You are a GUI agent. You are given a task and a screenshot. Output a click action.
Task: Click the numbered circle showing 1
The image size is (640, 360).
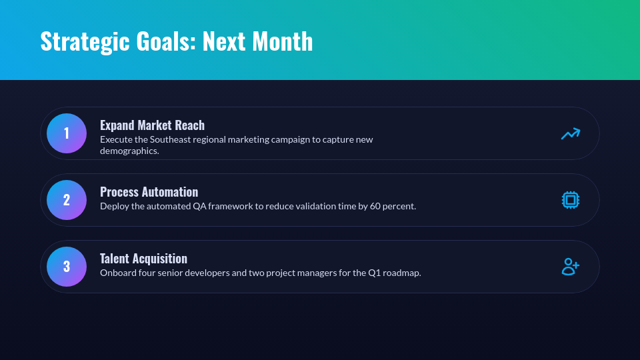[67, 133]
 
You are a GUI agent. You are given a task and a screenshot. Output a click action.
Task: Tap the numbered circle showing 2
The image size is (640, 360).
[67, 200]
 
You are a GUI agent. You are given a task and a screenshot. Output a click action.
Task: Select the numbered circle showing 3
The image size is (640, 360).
[67, 267]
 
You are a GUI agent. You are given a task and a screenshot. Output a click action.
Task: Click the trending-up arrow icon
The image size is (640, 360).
[570, 133]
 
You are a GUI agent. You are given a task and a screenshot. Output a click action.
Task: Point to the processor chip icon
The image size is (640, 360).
[571, 200]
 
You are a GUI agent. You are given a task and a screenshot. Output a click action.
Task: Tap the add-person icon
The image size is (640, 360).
[570, 267]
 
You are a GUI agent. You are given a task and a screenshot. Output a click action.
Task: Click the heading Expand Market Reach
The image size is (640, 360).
[152, 125]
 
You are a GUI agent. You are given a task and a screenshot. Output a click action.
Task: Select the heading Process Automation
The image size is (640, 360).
[149, 192]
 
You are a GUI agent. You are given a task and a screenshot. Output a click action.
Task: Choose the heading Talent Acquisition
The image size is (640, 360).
[143, 259]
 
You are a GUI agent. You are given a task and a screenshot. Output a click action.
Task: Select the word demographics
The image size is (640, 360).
[129, 151]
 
